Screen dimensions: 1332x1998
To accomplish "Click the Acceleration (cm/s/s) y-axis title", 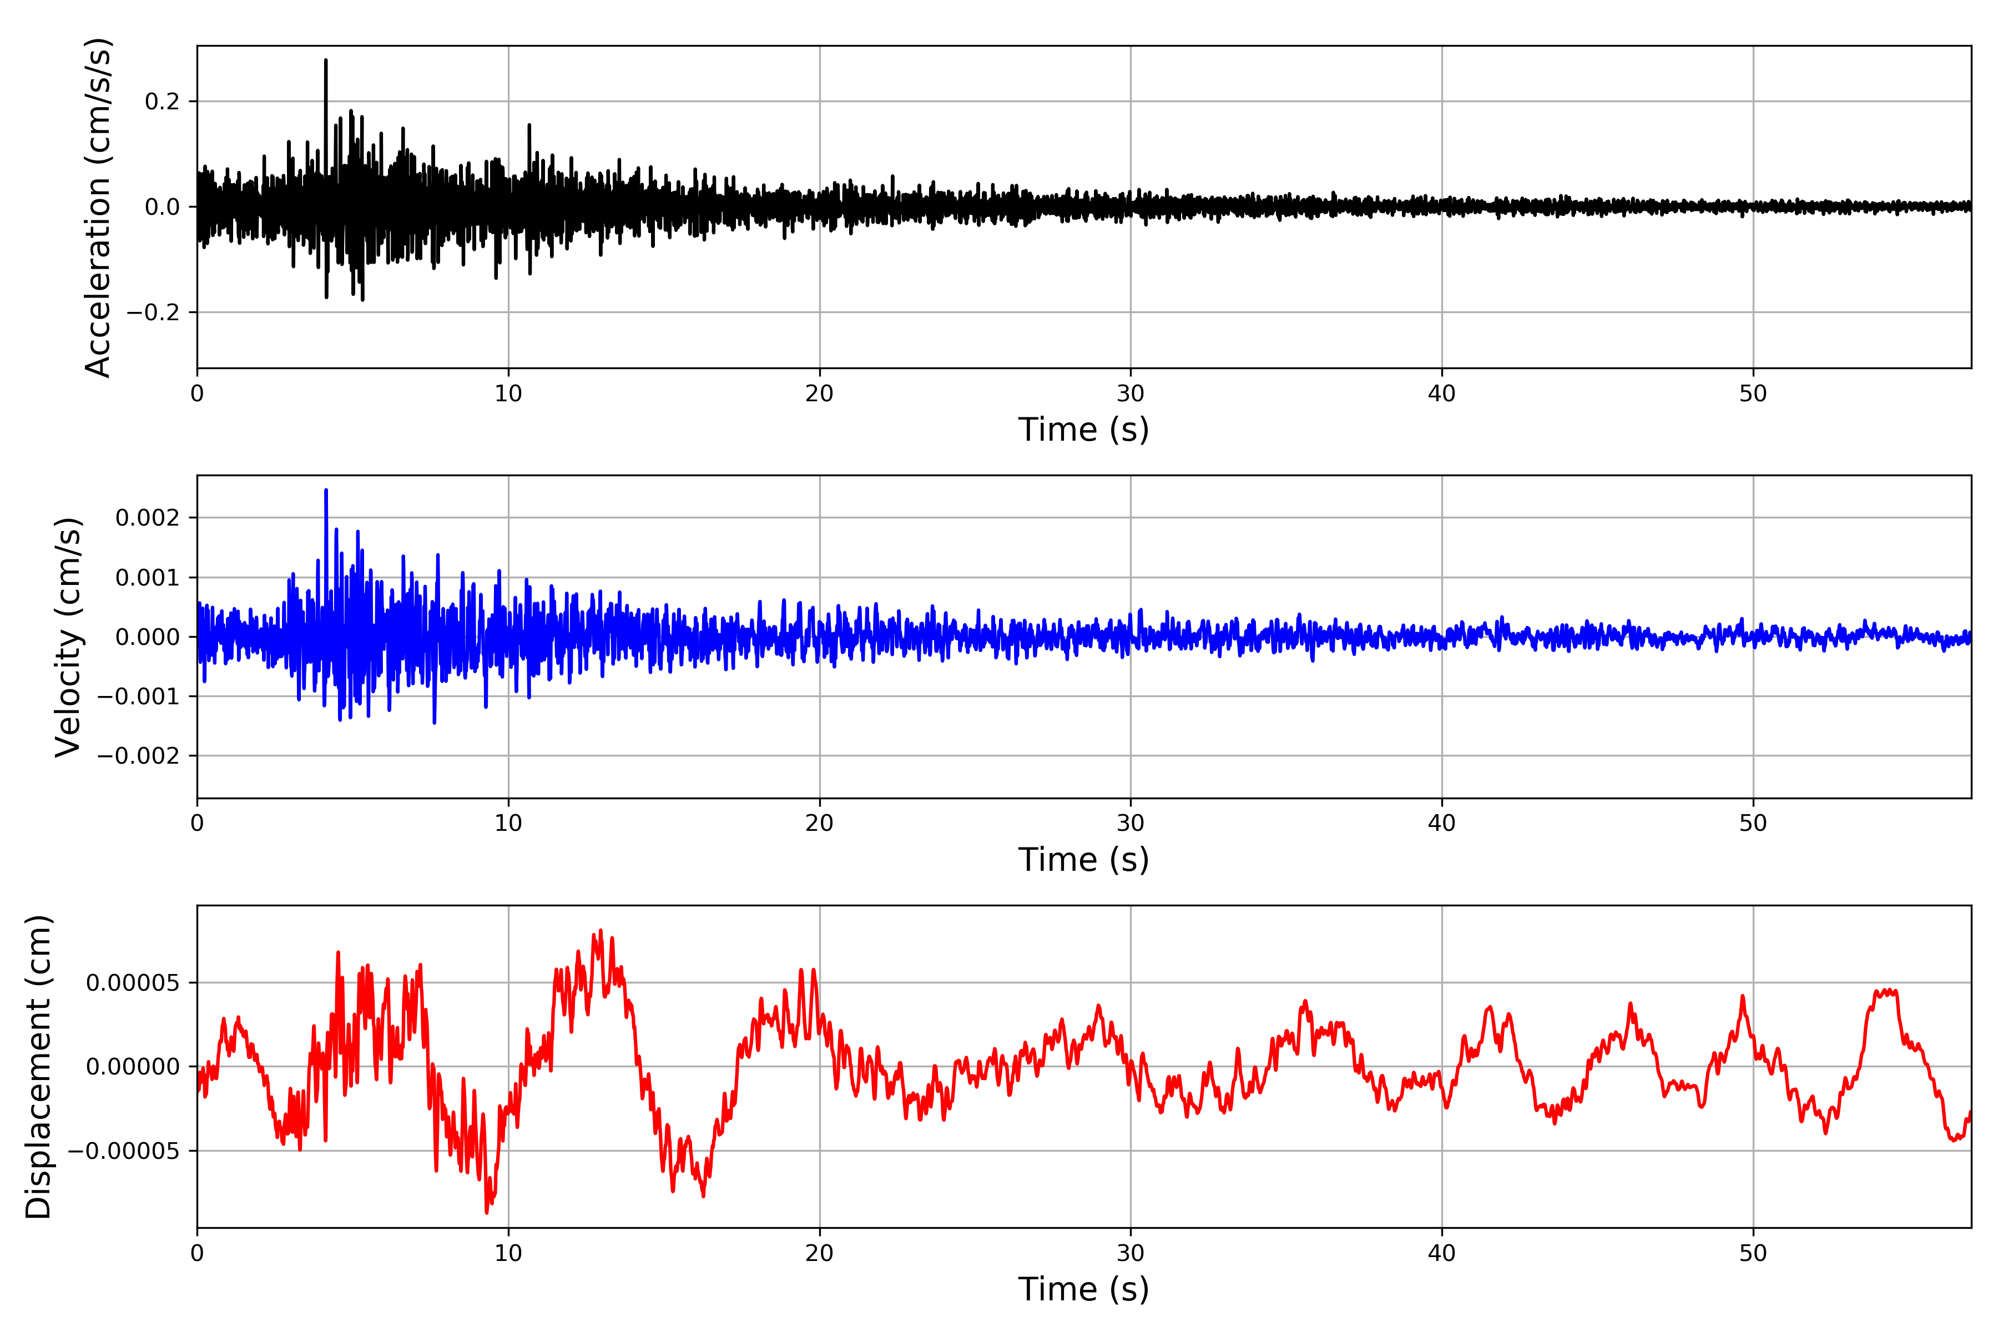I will (98, 206).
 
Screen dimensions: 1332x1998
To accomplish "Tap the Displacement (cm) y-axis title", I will (38, 1066).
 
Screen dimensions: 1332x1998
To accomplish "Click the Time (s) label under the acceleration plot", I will (1083, 430).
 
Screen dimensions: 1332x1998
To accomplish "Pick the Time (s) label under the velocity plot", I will (1083, 860).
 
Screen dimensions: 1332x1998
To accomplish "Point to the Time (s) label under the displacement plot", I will (1083, 1289).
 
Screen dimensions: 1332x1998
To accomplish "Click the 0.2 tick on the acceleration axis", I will (162, 102).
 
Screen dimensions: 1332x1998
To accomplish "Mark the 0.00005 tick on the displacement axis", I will (133, 983).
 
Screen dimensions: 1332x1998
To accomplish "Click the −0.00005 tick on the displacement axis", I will (123, 1151).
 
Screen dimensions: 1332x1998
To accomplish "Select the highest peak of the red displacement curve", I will (601, 931).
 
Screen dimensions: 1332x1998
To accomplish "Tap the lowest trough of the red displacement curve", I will (487, 1212).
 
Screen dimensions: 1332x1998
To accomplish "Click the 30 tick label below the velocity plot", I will (1131, 823).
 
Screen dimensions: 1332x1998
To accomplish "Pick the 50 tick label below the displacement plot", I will (1753, 1253).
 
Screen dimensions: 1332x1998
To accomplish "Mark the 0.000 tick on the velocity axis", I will (147, 637).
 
